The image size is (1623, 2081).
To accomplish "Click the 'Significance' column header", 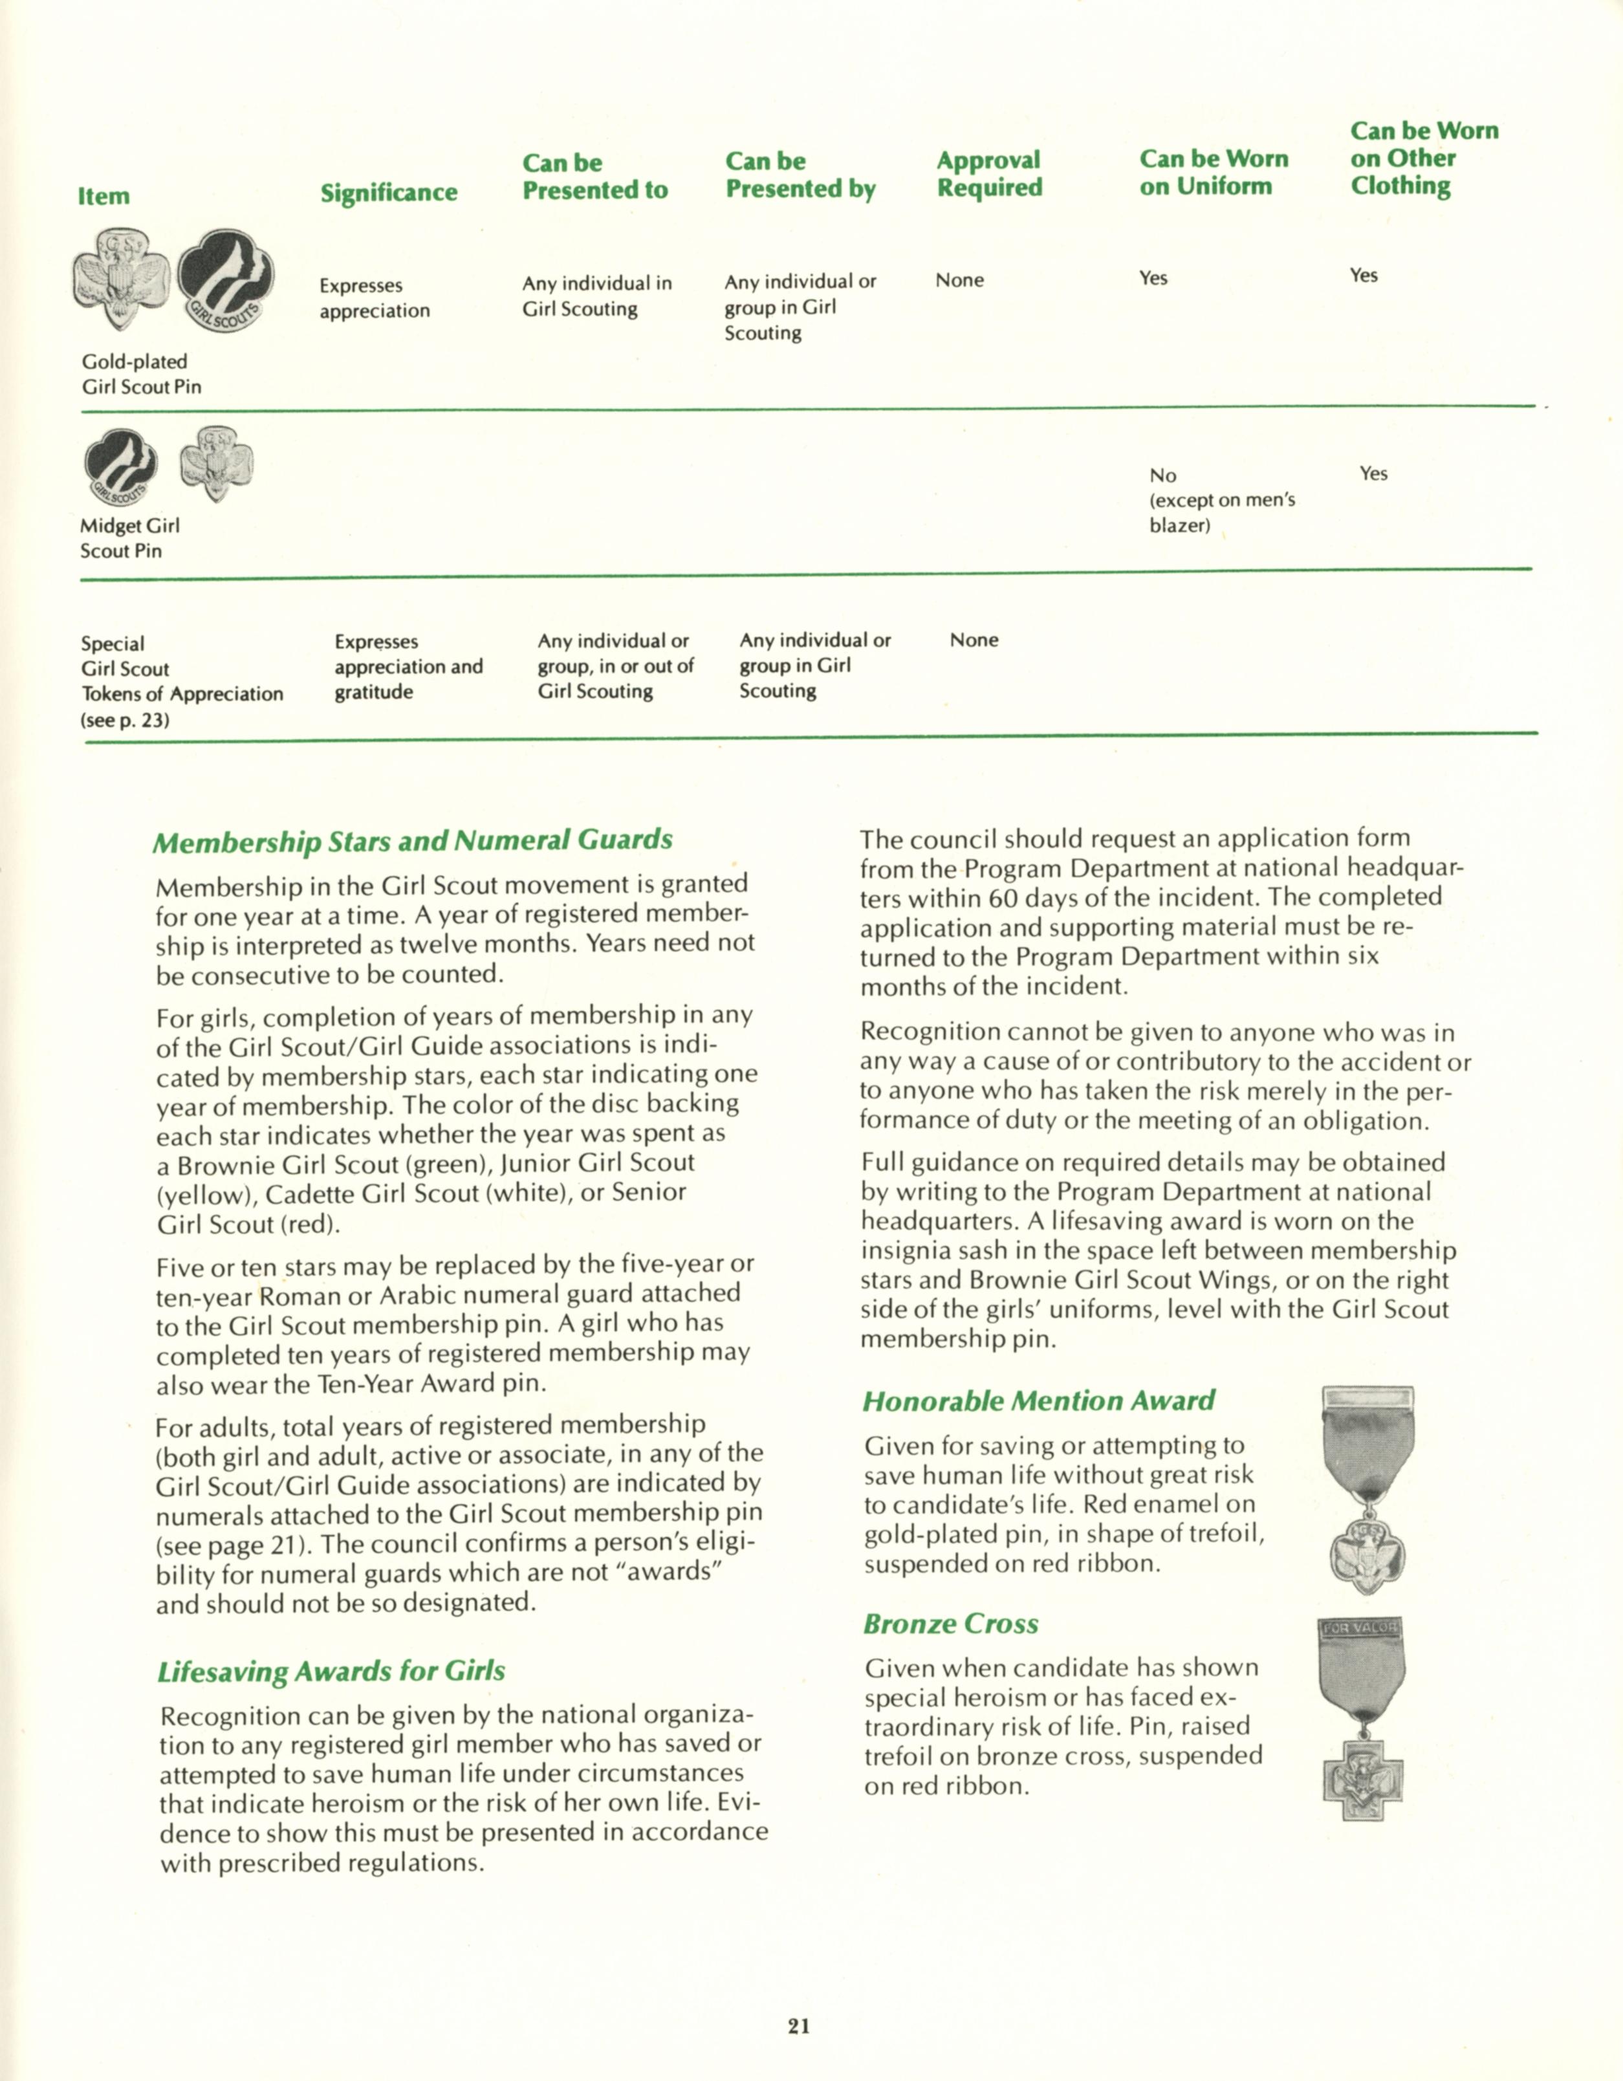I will [388, 193].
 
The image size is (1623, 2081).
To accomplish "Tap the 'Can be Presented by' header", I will [800, 175].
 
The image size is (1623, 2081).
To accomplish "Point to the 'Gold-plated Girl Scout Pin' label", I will [141, 373].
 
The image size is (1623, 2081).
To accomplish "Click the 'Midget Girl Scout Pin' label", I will [129, 538].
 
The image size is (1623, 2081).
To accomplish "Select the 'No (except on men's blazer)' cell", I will [1221, 499].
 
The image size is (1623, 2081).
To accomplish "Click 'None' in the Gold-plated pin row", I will [959, 280].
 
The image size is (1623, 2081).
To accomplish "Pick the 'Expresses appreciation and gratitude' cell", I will [408, 666].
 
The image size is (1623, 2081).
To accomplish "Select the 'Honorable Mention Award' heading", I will [1038, 1400].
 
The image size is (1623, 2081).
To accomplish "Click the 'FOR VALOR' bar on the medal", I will [1357, 1628].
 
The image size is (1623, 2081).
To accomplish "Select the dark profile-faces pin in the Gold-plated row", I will [226, 280].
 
